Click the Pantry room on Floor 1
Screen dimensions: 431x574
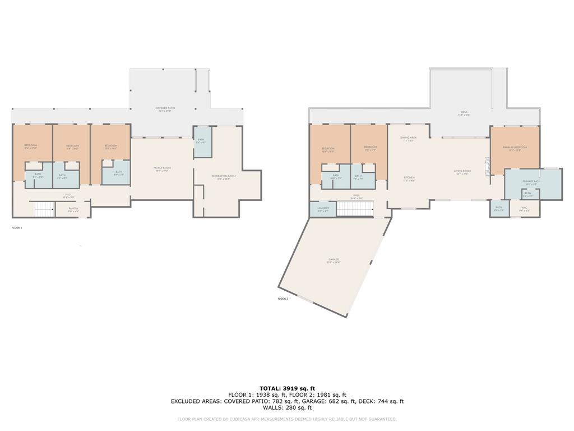point(73,210)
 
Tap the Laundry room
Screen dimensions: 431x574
point(323,209)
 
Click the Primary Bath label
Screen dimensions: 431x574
point(531,182)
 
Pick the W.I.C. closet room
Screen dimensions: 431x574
point(525,209)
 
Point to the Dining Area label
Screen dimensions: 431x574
point(408,139)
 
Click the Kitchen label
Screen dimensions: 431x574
point(408,178)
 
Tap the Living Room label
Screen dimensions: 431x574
point(462,172)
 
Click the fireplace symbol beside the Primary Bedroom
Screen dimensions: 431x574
point(488,166)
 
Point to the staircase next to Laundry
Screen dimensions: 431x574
point(354,209)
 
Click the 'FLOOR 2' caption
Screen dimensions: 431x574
point(283,299)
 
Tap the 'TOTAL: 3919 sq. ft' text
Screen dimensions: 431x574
point(287,388)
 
